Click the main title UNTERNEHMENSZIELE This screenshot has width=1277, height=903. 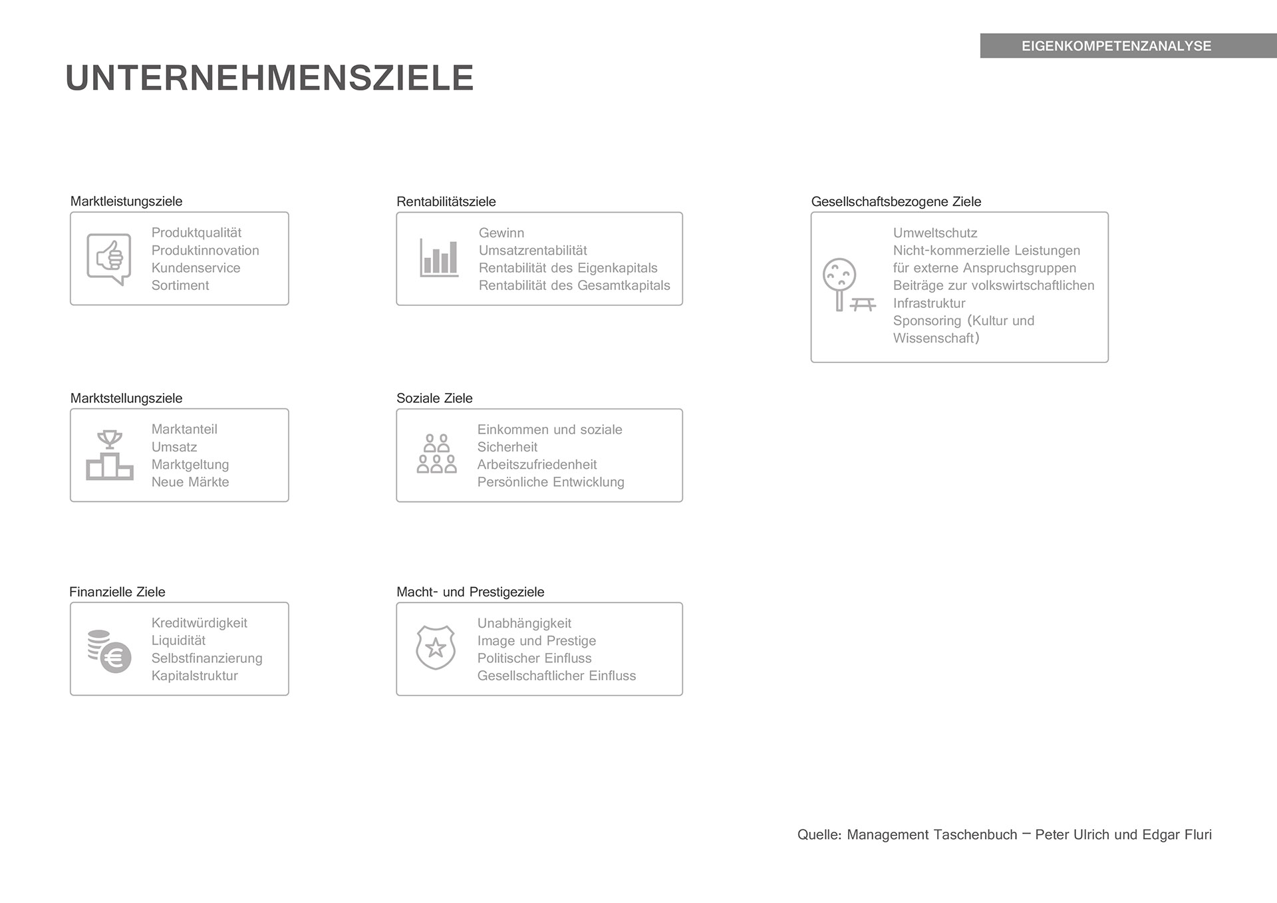[269, 78]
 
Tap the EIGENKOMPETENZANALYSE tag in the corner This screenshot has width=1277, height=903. [1116, 46]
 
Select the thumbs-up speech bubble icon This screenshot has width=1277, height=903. [109, 259]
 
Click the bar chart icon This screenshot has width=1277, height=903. [439, 258]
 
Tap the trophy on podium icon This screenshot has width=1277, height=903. [110, 455]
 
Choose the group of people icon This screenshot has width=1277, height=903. [436, 454]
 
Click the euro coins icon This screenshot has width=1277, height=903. [110, 651]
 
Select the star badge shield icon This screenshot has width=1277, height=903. [436, 647]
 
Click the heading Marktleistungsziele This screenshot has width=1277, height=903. [126, 201]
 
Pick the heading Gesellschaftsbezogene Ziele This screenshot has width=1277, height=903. [896, 201]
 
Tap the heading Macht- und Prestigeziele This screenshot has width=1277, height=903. [470, 592]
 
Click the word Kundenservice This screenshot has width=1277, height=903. [196, 268]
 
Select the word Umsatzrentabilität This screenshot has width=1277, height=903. [533, 251]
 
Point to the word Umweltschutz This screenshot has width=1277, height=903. [935, 233]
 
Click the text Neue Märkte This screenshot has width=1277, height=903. [190, 482]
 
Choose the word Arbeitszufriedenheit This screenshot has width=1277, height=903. [537, 465]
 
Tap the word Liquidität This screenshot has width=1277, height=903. [178, 640]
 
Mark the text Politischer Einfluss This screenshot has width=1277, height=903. [534, 658]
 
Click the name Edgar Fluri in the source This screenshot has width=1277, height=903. [1177, 835]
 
